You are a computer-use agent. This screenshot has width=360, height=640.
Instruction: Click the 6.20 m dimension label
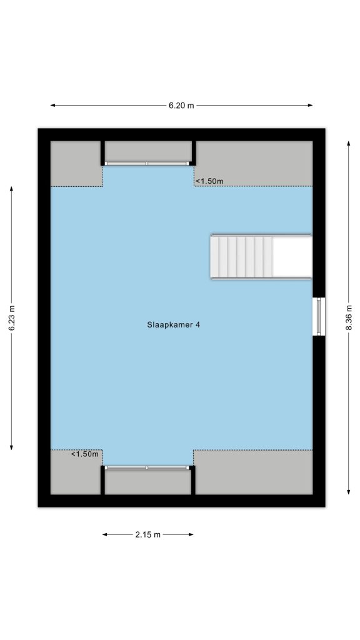click(181, 105)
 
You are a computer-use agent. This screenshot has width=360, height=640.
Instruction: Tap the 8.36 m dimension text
click(349, 317)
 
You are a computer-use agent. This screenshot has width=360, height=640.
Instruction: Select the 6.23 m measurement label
click(11, 318)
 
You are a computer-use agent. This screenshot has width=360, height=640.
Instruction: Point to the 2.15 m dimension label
click(147, 534)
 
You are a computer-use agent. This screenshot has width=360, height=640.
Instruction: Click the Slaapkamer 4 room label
click(174, 325)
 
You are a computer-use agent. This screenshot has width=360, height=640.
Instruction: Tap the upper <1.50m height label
click(209, 181)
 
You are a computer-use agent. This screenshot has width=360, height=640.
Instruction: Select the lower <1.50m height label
click(85, 454)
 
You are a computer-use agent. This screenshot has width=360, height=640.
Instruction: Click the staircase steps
click(242, 256)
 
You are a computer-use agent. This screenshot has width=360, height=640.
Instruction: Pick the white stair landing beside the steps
click(292, 256)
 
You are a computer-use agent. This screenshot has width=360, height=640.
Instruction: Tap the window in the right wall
click(319, 316)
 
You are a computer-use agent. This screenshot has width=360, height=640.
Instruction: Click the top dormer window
click(147, 163)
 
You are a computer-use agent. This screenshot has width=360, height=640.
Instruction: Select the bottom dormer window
click(147, 467)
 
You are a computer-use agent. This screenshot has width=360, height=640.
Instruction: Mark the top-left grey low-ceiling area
click(76, 164)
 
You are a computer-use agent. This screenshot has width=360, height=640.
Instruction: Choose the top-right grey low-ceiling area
click(254, 164)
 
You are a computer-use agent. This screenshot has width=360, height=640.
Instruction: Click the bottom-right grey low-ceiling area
click(254, 472)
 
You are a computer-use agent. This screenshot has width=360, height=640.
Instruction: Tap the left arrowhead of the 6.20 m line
click(52, 105)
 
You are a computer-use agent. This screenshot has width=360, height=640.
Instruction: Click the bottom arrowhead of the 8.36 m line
click(349, 492)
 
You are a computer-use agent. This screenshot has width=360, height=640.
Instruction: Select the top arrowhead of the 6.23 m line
click(11, 189)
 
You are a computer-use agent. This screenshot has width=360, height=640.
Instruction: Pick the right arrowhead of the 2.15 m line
click(191, 534)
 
